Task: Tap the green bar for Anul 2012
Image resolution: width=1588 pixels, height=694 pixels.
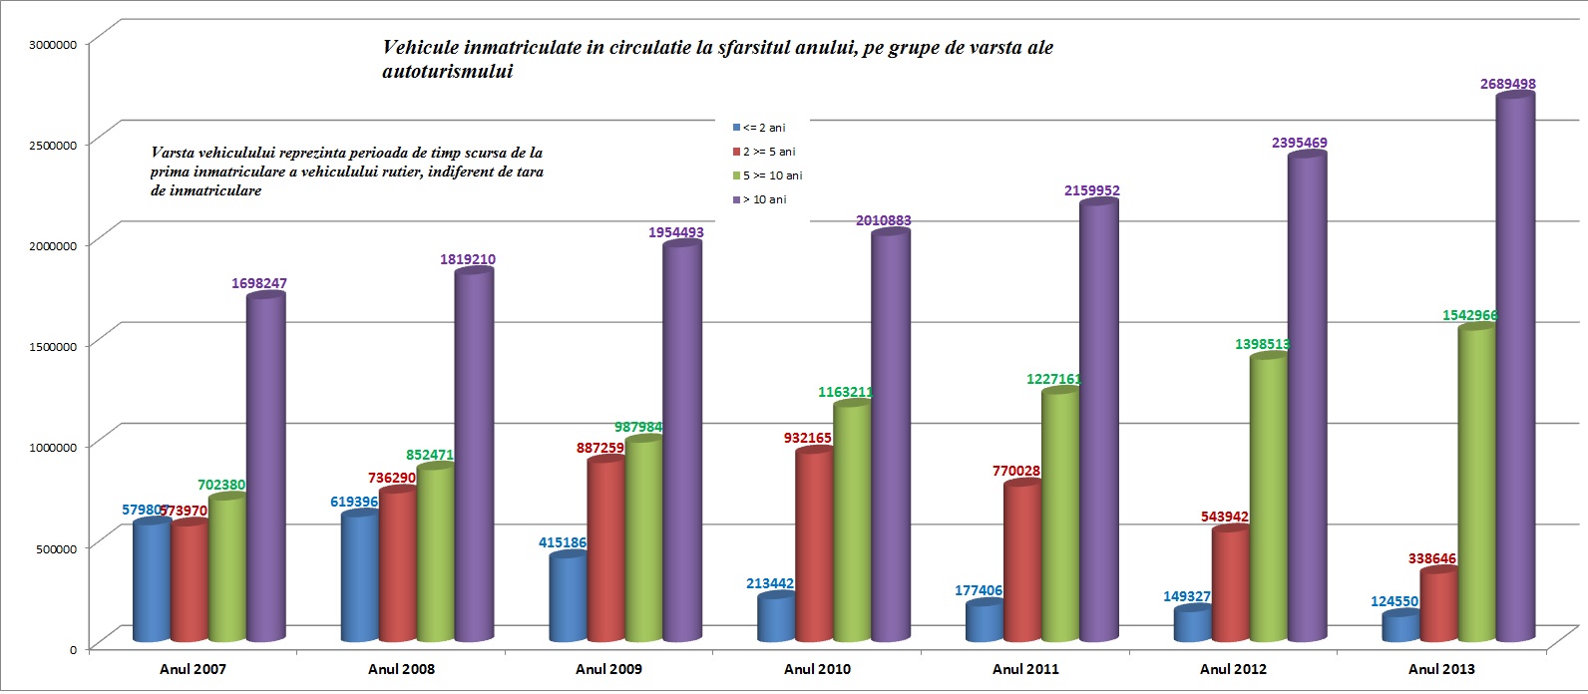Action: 1269,499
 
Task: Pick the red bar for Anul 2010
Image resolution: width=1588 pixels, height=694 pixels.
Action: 814,544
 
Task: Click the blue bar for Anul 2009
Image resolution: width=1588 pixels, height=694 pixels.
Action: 568,598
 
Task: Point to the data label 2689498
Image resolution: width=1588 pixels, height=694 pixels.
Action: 1507,85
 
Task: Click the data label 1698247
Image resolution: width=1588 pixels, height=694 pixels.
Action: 258,284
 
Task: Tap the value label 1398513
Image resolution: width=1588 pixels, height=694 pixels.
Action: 1262,344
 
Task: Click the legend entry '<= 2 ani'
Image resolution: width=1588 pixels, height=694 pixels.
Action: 763,128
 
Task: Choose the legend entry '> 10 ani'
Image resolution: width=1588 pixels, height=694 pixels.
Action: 764,199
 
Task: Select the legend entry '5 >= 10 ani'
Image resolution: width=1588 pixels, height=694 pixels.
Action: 772,175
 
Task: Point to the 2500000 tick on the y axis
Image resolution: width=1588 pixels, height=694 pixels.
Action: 53,146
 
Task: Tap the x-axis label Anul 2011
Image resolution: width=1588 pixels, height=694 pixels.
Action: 1025,669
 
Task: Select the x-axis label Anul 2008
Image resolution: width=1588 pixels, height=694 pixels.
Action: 401,669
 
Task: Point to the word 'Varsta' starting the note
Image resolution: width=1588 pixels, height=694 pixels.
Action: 173,154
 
